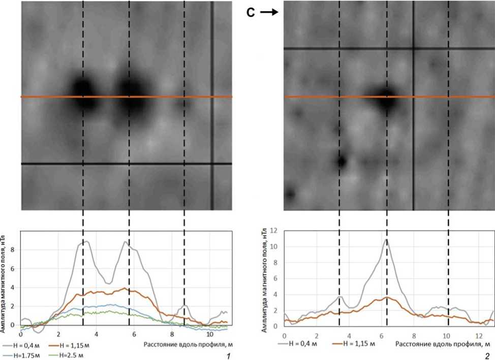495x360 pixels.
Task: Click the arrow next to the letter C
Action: coord(270,13)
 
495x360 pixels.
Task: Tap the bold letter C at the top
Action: coord(251,13)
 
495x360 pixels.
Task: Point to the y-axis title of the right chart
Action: coord(265,279)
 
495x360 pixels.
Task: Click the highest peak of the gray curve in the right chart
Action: coord(387,239)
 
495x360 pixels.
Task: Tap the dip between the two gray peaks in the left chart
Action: coord(108,283)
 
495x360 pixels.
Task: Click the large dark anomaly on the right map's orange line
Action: coord(387,97)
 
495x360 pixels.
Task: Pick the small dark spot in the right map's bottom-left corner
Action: coord(290,194)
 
